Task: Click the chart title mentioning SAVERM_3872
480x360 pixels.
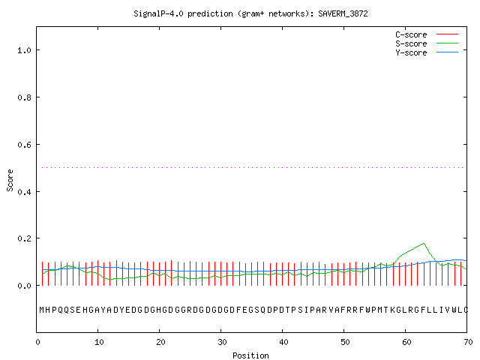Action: pos(250,14)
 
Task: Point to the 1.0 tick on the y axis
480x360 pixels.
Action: pos(24,50)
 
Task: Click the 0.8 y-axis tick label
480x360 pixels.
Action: pos(24,97)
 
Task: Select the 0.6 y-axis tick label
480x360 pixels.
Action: pos(24,145)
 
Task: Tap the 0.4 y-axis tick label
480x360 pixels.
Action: pos(24,192)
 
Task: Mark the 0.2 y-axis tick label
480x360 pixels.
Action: pos(24,238)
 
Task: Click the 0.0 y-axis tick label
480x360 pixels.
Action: pos(24,286)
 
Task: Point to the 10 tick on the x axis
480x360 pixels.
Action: pos(99,342)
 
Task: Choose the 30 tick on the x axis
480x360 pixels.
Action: pos(222,342)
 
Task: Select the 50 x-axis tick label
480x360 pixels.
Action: pos(345,342)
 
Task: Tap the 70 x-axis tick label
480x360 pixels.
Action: pos(468,342)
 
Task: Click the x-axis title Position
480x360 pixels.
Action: pos(250,355)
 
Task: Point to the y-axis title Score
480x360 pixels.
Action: pos(10,180)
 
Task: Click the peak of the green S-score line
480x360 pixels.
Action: pos(424,243)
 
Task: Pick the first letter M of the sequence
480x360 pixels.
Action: pos(42,310)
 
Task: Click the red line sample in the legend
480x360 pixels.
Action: pos(447,34)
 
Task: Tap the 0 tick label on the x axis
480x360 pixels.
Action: pos(37,342)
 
